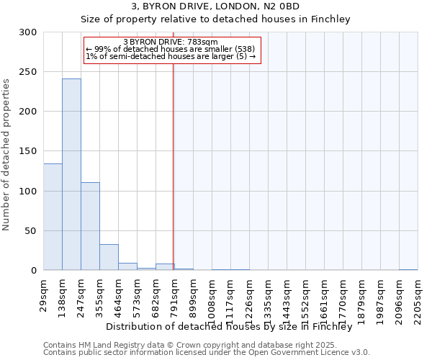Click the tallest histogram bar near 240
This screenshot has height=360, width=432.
click(x=71, y=174)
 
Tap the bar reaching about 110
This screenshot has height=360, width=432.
click(x=90, y=226)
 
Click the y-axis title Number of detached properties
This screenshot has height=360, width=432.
click(x=6, y=155)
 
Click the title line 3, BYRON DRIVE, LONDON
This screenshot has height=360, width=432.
click(x=215, y=6)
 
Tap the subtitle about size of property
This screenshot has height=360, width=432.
click(x=215, y=19)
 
